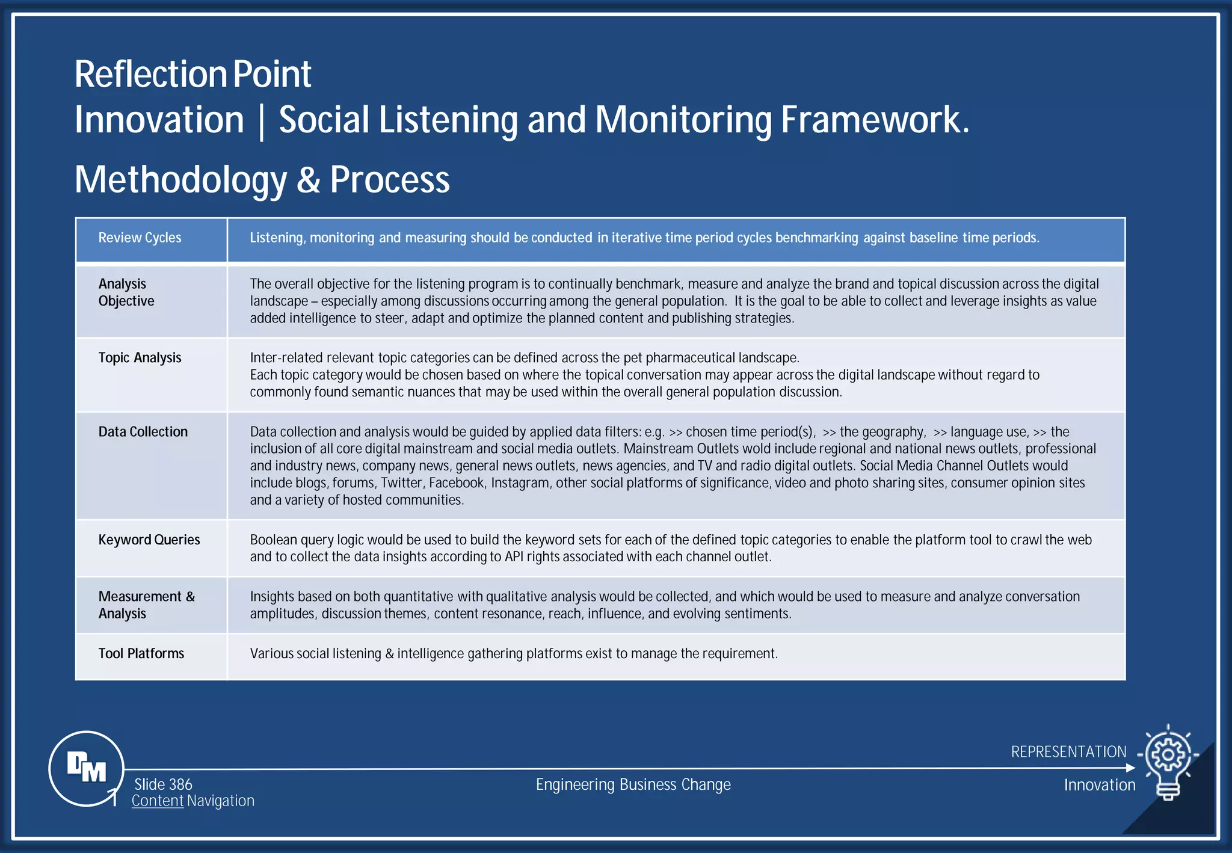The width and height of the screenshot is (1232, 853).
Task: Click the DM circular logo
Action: (87, 768)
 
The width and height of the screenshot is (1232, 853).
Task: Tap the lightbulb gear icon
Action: (1168, 761)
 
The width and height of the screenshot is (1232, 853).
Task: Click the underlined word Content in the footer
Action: (158, 801)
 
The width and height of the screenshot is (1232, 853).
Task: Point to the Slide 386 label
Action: (163, 784)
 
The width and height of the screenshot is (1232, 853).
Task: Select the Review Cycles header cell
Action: (140, 238)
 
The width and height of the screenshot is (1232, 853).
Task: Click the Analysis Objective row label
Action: (126, 292)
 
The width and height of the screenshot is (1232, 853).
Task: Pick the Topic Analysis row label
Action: (140, 358)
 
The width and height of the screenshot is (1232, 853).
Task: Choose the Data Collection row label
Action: (143, 432)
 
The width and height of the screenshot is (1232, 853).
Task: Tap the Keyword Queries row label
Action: (149, 540)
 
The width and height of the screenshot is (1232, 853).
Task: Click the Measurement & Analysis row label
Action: (146, 605)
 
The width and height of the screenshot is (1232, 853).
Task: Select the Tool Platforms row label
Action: (141, 654)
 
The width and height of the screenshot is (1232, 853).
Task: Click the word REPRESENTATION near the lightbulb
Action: (1068, 752)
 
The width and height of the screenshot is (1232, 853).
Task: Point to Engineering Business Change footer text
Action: (633, 785)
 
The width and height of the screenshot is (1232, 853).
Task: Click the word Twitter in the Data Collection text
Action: (401, 483)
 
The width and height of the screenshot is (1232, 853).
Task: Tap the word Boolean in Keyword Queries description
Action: (273, 540)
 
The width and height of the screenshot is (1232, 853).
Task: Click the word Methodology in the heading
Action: (180, 180)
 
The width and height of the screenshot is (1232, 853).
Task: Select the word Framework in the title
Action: (875, 120)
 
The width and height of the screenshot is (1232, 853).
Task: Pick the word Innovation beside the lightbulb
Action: (1099, 785)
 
